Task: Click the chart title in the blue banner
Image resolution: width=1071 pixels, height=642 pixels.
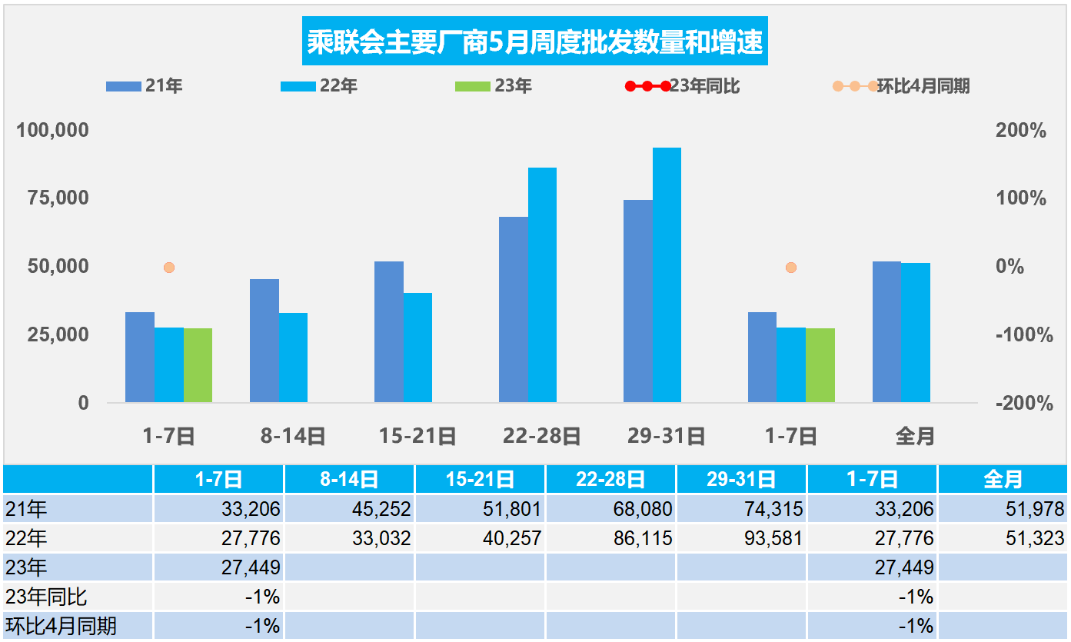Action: click(x=535, y=42)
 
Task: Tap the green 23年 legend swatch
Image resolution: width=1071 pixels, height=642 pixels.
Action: click(x=473, y=86)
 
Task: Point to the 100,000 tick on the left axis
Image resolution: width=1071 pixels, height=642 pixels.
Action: click(x=53, y=131)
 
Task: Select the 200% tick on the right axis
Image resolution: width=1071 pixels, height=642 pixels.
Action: click(x=1021, y=131)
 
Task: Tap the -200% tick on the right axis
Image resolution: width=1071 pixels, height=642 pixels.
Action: click(x=1021, y=403)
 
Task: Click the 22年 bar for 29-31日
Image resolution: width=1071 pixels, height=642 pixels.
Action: click(x=667, y=274)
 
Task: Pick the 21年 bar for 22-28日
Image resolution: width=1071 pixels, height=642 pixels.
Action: click(x=514, y=309)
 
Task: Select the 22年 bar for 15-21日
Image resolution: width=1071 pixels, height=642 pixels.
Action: click(x=417, y=348)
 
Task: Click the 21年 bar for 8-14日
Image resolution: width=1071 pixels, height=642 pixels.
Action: click(x=264, y=341)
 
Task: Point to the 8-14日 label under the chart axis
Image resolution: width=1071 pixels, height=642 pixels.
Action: click(x=293, y=437)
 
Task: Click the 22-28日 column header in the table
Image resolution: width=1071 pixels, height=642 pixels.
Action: click(x=610, y=480)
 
